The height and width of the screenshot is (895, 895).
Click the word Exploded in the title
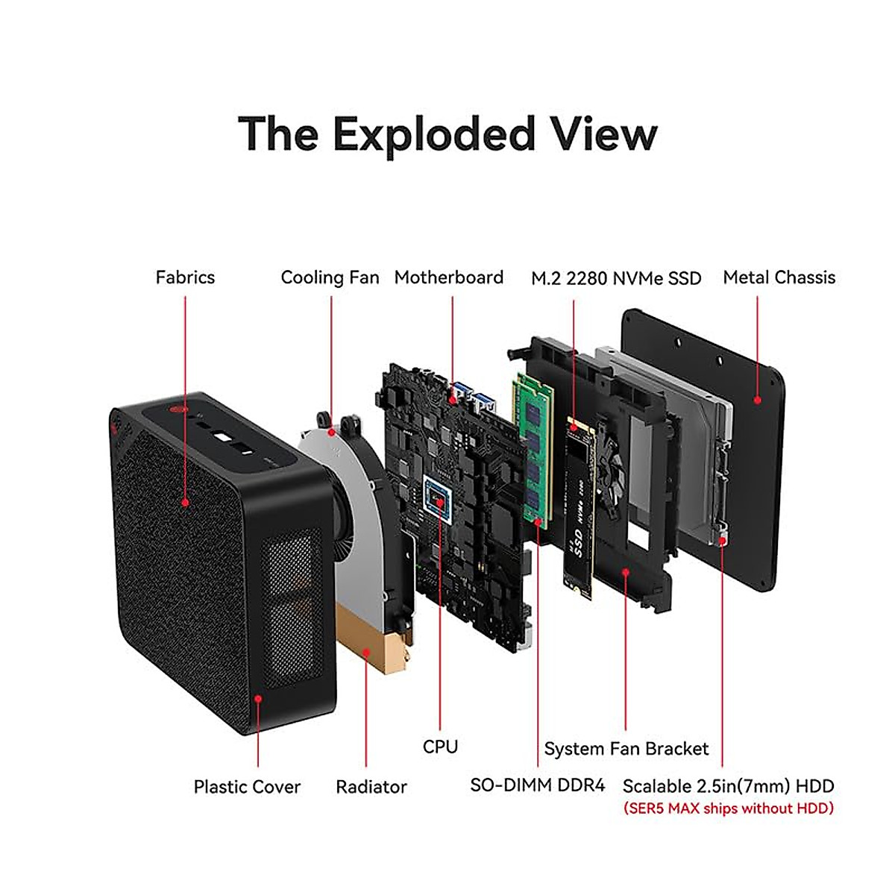tap(433, 134)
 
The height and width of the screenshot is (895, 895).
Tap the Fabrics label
tap(185, 277)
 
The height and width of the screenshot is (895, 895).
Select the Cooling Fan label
tap(330, 277)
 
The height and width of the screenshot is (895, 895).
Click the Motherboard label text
tap(449, 277)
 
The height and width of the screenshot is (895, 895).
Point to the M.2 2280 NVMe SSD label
tap(616, 279)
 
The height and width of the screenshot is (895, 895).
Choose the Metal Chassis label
tap(779, 277)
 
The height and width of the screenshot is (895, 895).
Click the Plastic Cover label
tap(247, 787)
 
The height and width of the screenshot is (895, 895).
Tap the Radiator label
tap(371, 787)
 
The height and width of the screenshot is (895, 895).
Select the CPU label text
tap(440, 747)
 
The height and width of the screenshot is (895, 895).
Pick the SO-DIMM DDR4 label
tap(538, 785)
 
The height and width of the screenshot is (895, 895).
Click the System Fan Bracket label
tap(626, 749)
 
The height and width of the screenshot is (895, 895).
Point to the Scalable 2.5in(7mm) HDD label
tap(728, 786)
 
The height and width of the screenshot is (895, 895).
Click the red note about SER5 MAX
tap(728, 808)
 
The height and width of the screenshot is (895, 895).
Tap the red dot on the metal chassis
tap(757, 400)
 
